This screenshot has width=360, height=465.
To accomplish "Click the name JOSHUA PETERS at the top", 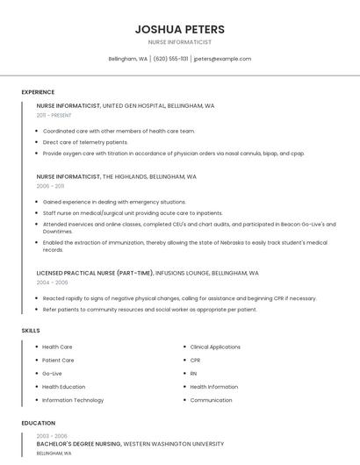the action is [180, 29].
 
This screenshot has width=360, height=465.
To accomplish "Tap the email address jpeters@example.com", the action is [222, 59].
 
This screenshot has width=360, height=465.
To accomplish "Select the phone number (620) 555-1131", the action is [170, 59].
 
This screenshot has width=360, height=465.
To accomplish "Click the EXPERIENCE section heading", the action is [38, 92].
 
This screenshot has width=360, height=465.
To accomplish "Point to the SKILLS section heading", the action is [31, 330].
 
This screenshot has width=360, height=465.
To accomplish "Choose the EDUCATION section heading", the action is [38, 423].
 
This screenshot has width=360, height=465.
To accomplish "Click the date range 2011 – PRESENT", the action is [54, 115].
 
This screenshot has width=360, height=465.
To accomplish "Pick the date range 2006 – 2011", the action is [50, 186].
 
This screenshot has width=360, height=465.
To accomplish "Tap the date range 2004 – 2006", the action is [51, 283].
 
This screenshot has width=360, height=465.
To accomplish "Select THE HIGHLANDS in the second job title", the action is [127, 176].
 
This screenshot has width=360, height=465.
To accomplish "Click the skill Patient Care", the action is [58, 360].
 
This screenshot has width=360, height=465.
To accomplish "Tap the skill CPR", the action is [195, 360].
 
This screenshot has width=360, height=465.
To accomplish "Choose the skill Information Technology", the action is [73, 400].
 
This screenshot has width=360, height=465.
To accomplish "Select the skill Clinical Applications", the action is [215, 347].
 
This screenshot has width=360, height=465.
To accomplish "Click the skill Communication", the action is [211, 400].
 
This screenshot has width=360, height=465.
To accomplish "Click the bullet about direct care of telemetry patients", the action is [85, 142].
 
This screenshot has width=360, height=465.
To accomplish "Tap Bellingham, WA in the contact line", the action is [127, 59].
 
